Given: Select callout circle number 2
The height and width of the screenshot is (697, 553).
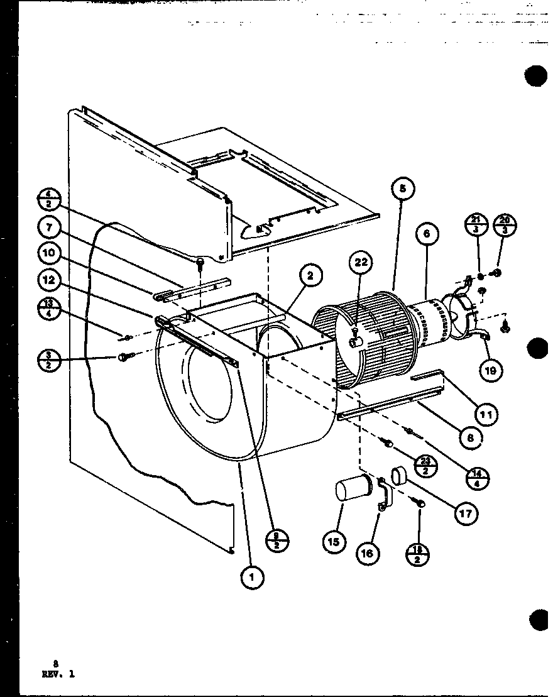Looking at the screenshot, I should (x=310, y=275).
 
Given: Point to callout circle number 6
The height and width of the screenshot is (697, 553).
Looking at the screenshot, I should (x=426, y=234).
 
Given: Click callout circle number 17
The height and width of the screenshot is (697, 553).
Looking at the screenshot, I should (x=465, y=513).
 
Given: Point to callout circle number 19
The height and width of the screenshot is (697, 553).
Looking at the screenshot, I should (x=490, y=370).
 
